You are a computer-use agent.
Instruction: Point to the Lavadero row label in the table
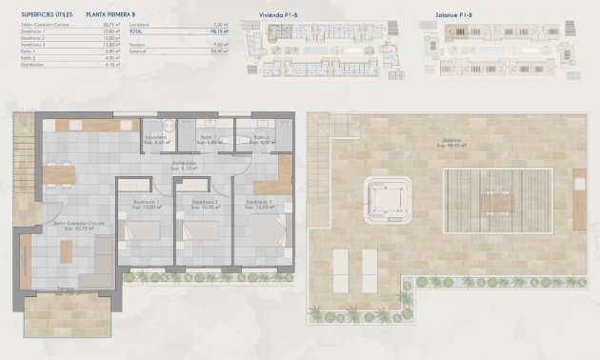click(167, 24)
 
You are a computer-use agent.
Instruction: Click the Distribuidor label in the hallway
click(184, 163)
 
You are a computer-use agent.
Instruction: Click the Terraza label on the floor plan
click(64, 290)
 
